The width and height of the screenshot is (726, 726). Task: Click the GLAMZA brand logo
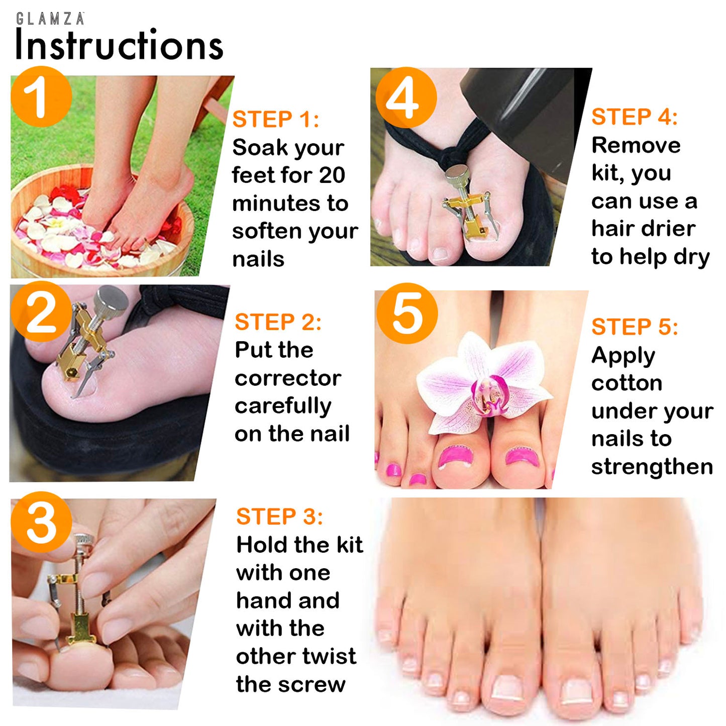click(50, 19)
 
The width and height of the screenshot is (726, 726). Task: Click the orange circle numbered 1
click(41, 97)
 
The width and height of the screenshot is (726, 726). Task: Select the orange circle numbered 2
click(41, 311)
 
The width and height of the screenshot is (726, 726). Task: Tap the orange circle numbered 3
click(41, 522)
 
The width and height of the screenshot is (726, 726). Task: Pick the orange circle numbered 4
click(406, 97)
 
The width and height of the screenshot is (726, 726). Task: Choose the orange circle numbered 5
click(407, 313)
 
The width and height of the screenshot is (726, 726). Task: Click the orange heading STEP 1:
click(276, 120)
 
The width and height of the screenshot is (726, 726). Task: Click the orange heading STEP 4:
click(635, 117)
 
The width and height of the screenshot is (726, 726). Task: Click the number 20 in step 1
click(332, 175)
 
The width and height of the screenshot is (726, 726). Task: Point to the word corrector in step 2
click(288, 378)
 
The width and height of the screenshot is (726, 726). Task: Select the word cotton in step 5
click(627, 383)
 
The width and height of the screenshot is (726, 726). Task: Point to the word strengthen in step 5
click(652, 466)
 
